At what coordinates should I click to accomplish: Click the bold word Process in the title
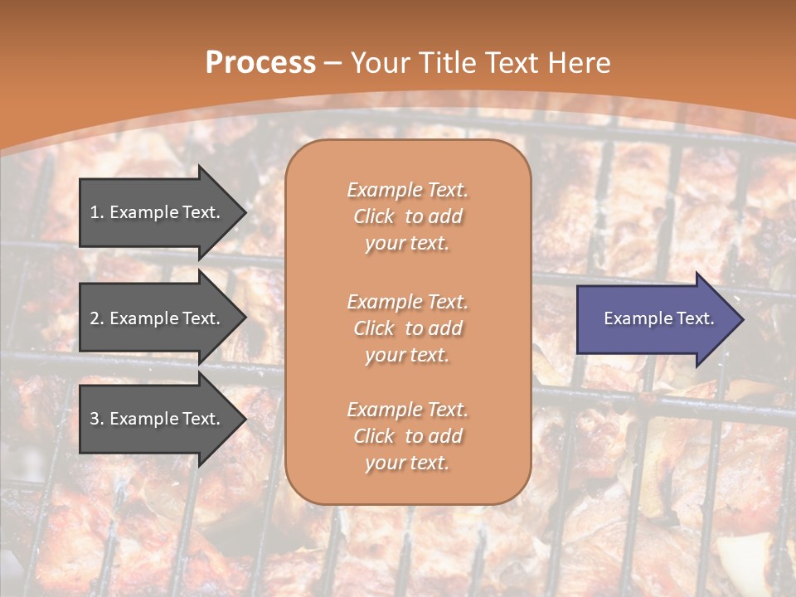(260, 63)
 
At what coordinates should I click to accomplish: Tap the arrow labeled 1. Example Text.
(158, 212)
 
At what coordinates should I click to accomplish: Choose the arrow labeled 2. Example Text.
(158, 318)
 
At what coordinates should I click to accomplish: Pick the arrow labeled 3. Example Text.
(158, 419)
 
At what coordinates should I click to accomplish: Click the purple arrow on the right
(655, 319)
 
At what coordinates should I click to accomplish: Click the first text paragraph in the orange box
(407, 216)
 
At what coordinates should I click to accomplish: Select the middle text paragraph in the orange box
(407, 328)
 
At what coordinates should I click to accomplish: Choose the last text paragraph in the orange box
(407, 436)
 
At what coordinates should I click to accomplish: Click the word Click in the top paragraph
(374, 216)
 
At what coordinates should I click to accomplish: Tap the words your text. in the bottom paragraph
(407, 463)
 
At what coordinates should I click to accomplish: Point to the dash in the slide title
(333, 63)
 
